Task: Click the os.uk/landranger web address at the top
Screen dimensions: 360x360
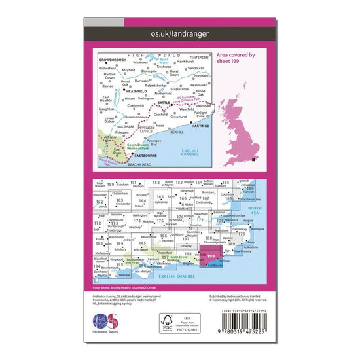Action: (179, 33)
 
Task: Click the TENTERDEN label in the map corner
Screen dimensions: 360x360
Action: (198, 56)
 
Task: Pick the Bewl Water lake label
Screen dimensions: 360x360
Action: (164, 64)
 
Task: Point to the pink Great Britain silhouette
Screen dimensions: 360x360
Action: (239, 128)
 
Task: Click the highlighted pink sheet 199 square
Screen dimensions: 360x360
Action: (210, 257)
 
